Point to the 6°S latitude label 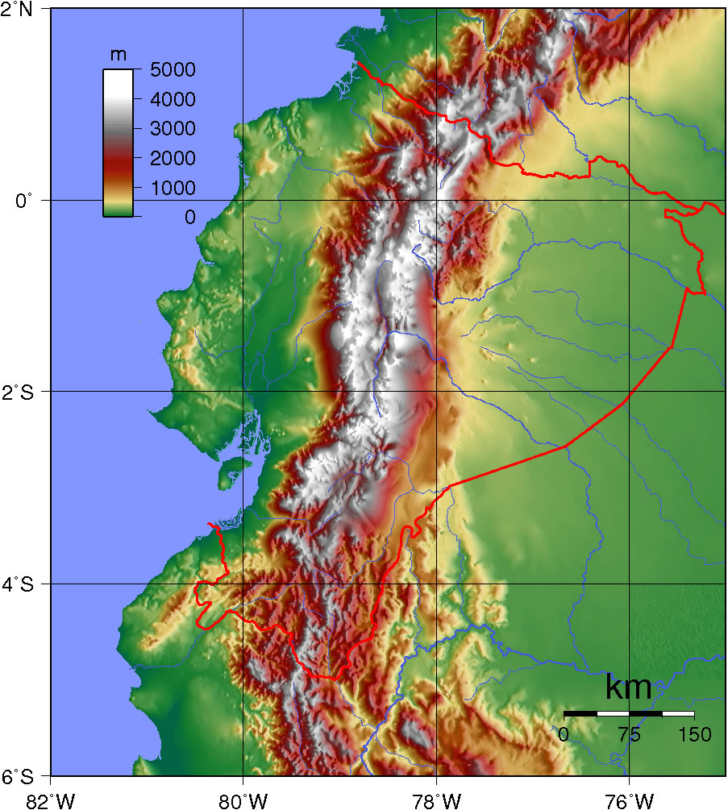click(x=18, y=777)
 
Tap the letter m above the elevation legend click(x=118, y=55)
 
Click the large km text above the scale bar click(x=629, y=688)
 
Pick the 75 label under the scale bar click(x=629, y=734)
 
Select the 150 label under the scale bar click(x=695, y=734)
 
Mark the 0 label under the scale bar click(x=564, y=734)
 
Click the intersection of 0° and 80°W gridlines click(x=243, y=200)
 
